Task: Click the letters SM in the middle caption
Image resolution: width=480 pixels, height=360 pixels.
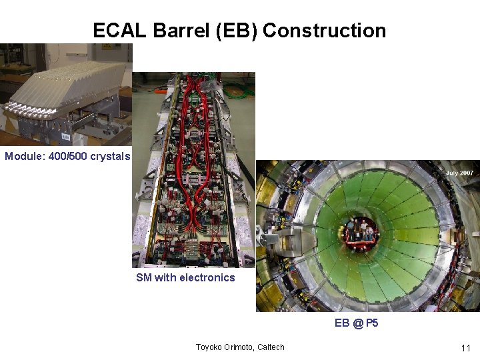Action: pos(143,278)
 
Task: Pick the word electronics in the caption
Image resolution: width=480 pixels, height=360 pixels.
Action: pos(207,278)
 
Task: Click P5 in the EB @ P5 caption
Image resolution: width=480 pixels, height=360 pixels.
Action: pos(372,323)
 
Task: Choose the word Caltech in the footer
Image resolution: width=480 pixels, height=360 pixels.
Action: pos(273,347)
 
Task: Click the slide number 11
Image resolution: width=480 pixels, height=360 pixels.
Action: pos(466,348)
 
